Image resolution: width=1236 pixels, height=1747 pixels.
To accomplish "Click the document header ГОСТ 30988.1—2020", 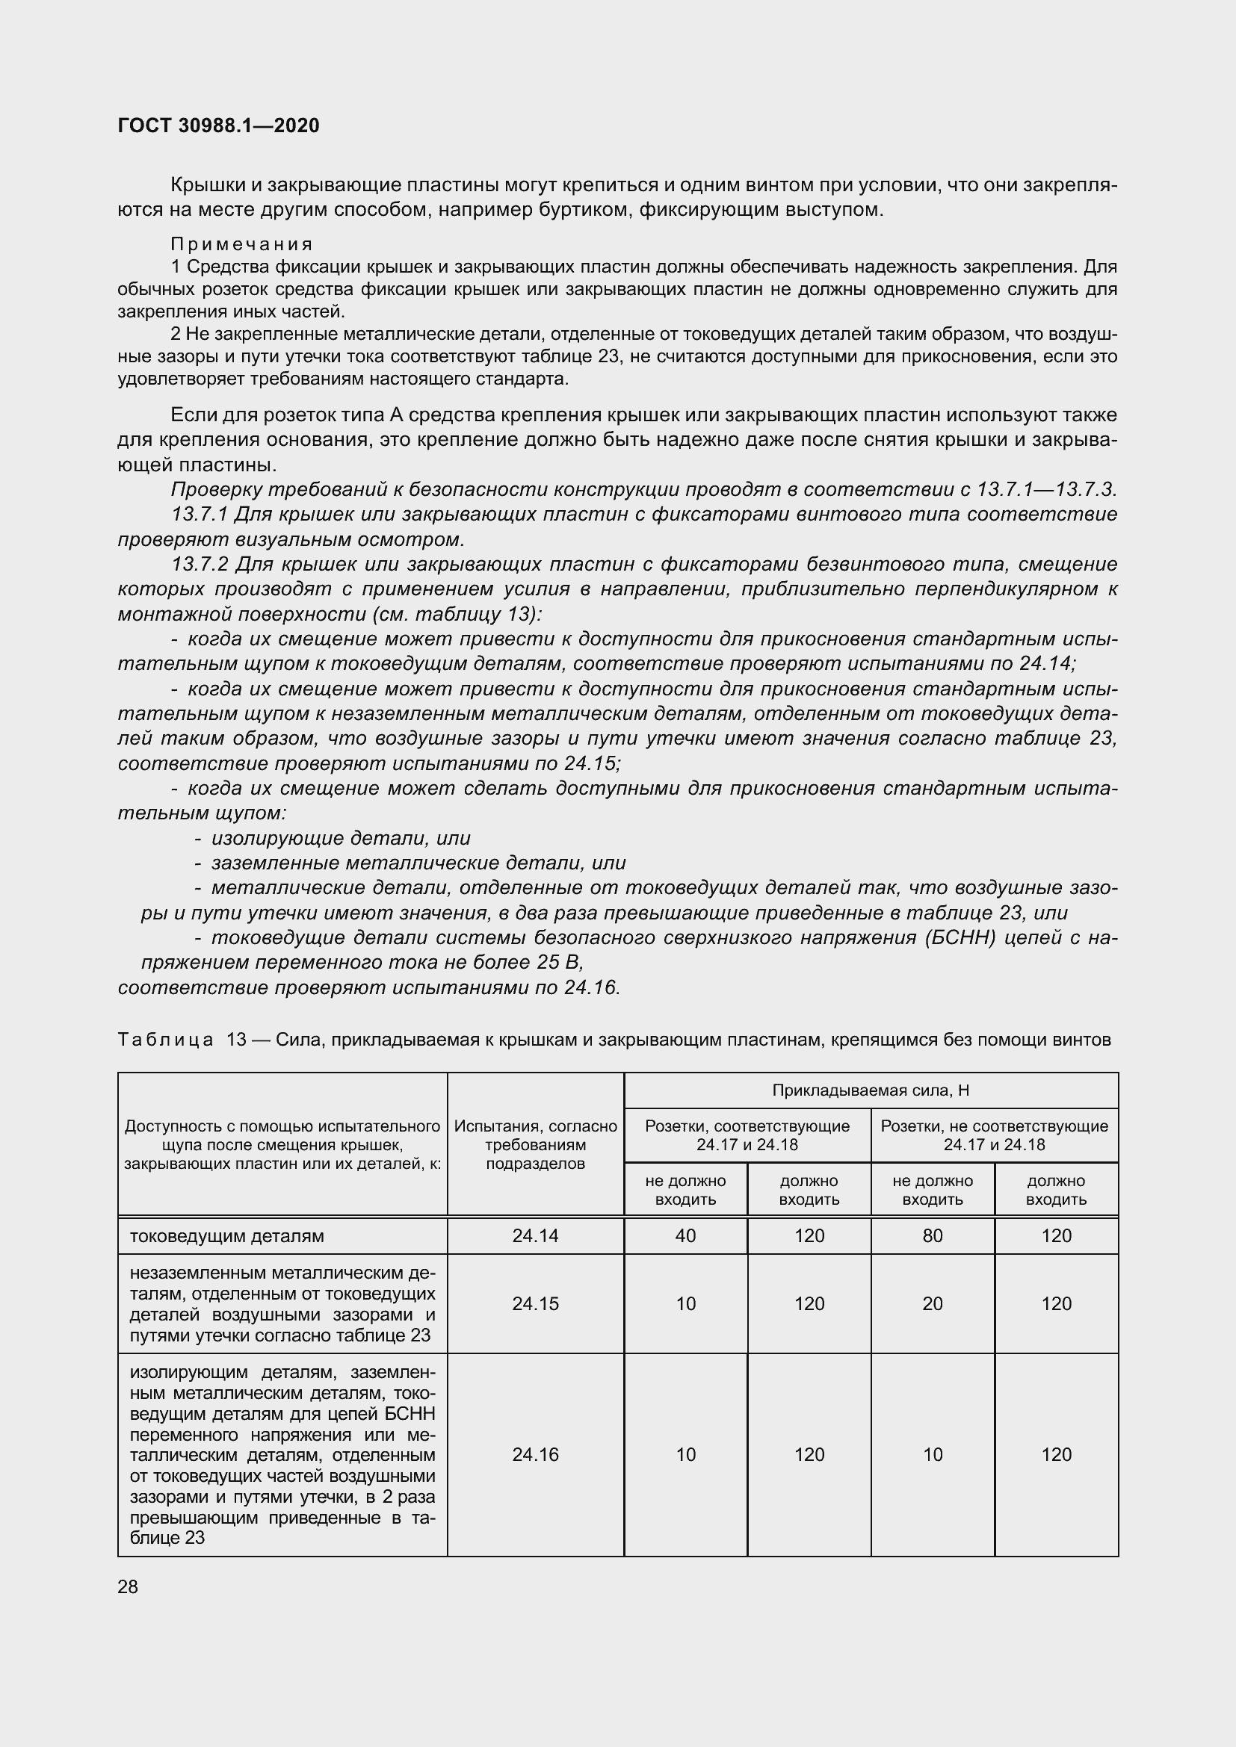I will [218, 125].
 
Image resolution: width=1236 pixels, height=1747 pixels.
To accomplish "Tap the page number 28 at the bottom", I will [128, 1586].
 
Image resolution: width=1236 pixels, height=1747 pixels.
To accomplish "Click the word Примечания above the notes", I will [242, 244].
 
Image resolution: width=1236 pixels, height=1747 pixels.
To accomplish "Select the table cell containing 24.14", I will [535, 1235].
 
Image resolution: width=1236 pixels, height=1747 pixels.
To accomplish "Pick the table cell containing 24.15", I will [535, 1303].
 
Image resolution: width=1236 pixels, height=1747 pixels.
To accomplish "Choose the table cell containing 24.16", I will [535, 1454].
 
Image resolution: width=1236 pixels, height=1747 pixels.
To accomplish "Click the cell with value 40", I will [685, 1235].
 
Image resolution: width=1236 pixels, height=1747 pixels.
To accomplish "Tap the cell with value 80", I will [933, 1235].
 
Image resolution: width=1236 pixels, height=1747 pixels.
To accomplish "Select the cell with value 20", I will [933, 1303].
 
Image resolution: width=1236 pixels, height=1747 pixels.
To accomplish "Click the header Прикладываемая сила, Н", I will [871, 1090].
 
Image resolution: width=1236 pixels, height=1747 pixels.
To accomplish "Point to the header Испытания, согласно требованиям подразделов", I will [535, 1144].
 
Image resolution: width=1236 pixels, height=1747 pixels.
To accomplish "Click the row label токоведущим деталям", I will [227, 1235].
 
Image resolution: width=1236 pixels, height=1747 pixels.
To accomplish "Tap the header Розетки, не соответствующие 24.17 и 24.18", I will [994, 1135].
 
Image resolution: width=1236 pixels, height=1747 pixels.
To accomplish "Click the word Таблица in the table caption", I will [165, 1040].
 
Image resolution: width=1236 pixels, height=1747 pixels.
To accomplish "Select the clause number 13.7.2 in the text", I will [200, 565].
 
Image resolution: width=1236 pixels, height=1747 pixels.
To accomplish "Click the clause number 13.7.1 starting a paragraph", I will [200, 515].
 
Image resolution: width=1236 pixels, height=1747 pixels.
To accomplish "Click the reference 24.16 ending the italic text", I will [591, 987].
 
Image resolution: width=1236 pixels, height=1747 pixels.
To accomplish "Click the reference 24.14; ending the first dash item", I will [1047, 663].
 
